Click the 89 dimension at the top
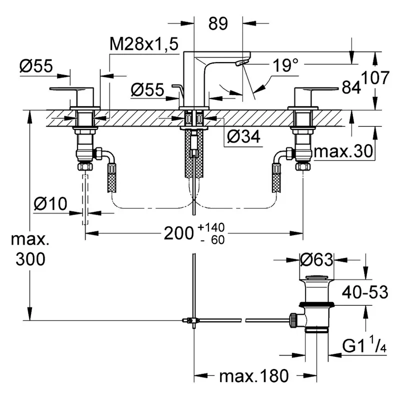(218, 23)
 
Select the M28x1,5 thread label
(144, 44)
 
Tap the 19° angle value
(285, 65)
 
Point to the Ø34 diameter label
(243, 136)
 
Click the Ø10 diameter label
(50, 204)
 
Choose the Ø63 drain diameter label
(316, 260)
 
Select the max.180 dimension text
(254, 376)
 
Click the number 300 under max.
(30, 259)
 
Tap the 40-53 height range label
(365, 292)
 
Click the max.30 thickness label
(343, 151)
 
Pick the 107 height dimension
(375, 78)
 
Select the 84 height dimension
(351, 87)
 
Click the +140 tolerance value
(211, 227)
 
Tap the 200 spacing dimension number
(178, 233)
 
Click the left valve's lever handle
(72, 89)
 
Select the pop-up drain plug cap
(316, 277)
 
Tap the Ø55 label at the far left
(36, 66)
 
